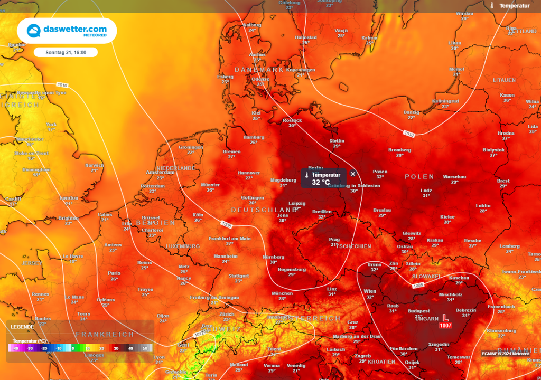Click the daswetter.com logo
click(x=67, y=31)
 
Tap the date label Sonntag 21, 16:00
click(x=66, y=52)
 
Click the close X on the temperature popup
click(x=353, y=174)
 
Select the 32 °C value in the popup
click(x=321, y=183)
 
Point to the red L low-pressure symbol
click(x=445, y=318)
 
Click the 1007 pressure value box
click(x=445, y=326)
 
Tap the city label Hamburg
click(x=254, y=137)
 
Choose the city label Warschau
click(x=454, y=176)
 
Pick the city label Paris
click(x=114, y=273)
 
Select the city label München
click(x=282, y=293)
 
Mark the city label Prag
click(x=334, y=239)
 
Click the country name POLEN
click(x=419, y=177)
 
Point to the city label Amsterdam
click(x=160, y=172)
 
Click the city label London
click(x=69, y=197)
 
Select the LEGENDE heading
click(x=22, y=327)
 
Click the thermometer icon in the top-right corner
click(x=491, y=6)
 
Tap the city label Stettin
click(x=337, y=141)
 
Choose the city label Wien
click(x=370, y=291)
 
